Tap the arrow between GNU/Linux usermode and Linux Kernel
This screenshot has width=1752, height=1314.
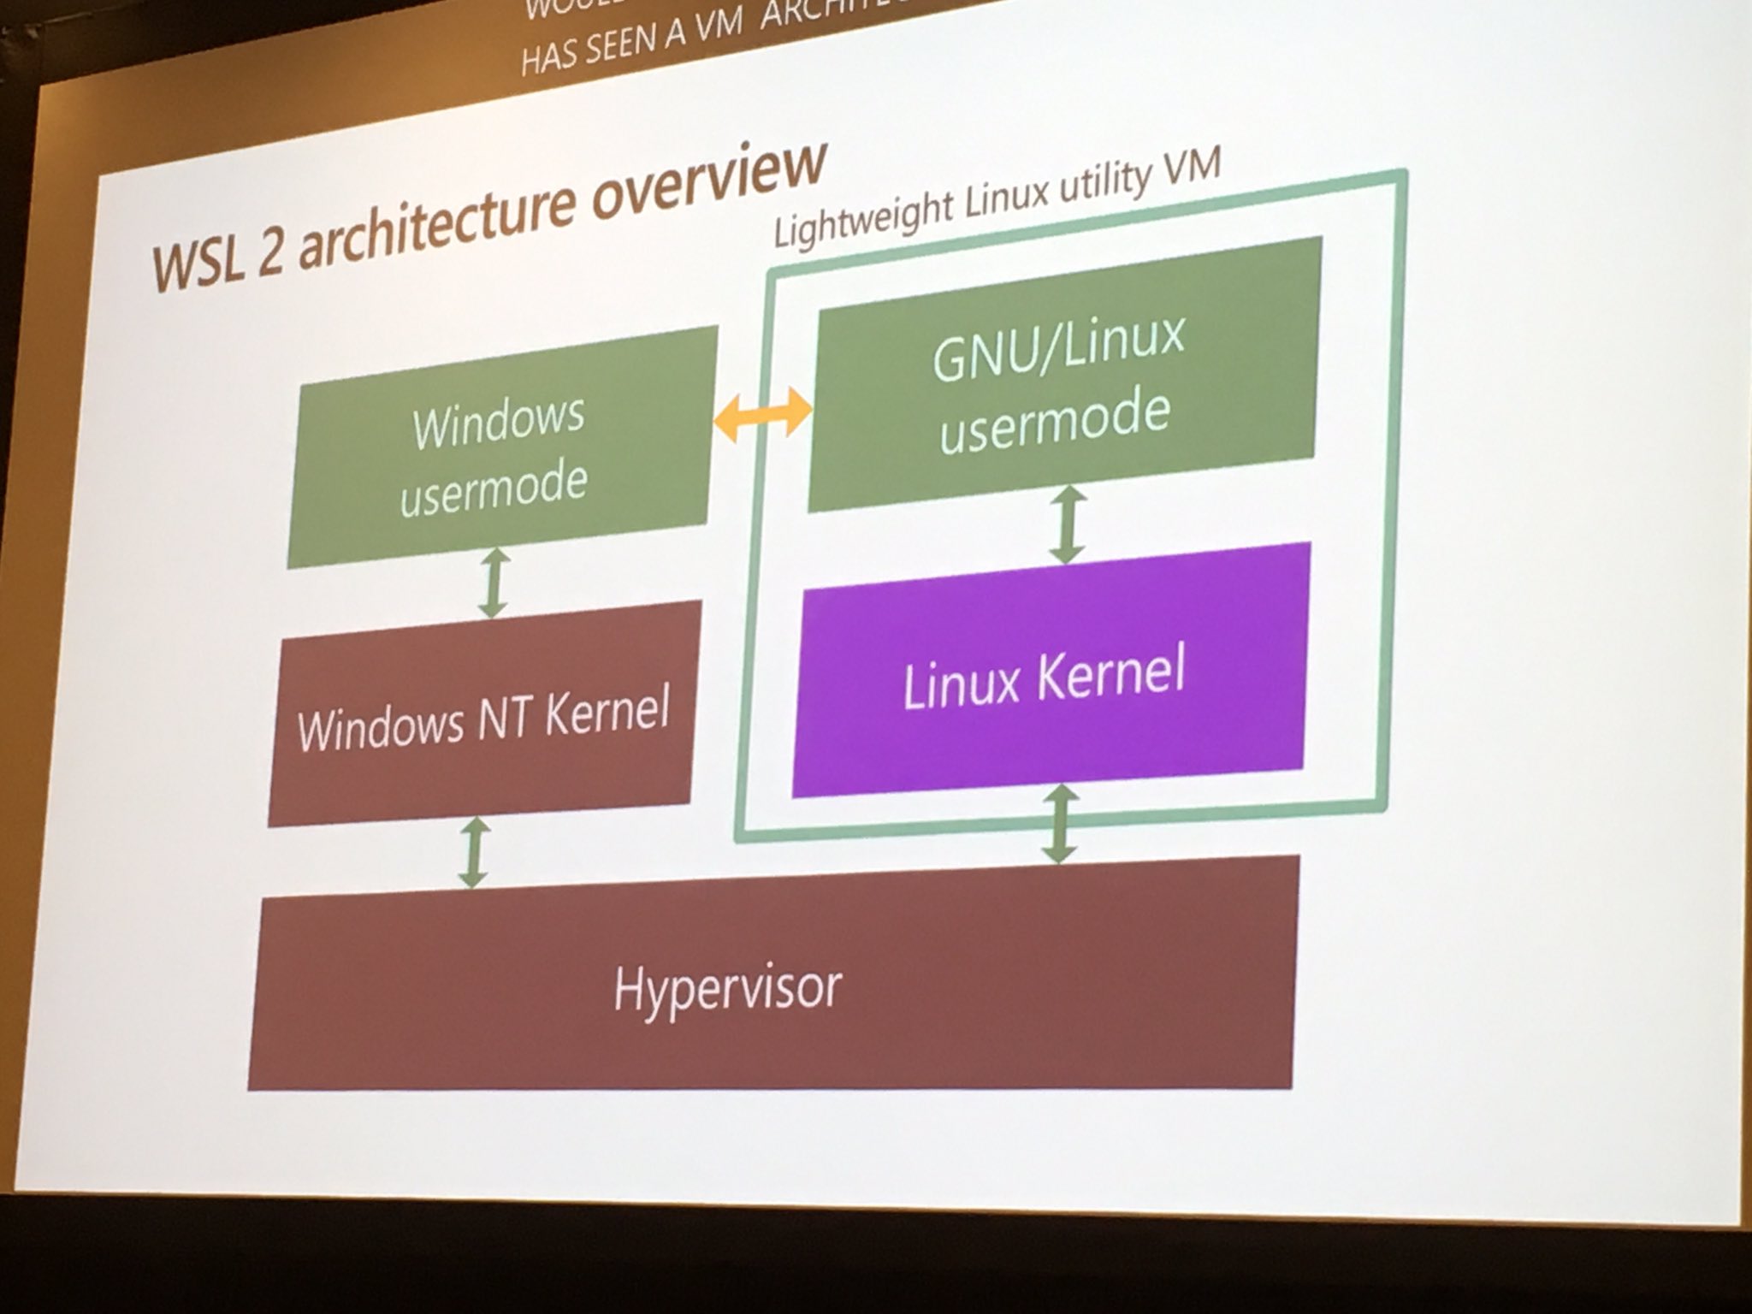coord(1066,525)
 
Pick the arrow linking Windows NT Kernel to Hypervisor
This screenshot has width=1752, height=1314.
coord(473,851)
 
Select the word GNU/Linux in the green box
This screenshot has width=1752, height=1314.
coord(1059,346)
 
